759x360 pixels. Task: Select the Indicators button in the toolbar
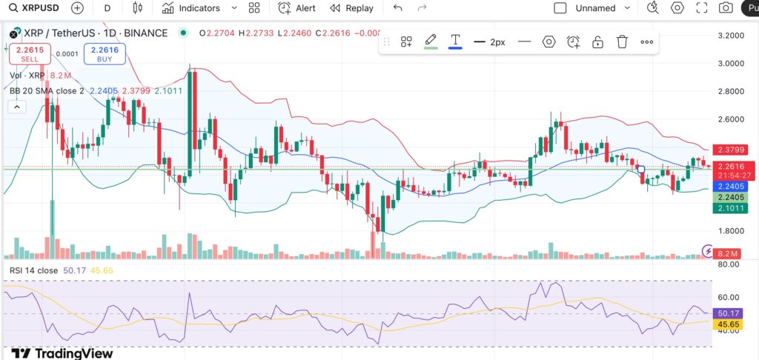[191, 8]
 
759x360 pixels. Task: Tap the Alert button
[296, 8]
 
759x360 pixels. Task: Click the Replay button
[351, 8]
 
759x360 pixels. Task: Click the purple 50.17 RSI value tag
[728, 314]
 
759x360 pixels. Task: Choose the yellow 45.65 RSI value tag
[728, 324]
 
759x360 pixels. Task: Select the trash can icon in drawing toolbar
[623, 42]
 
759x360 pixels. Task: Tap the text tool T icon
[455, 40]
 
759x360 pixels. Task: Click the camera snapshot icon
[726, 8]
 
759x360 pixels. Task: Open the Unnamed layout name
[595, 8]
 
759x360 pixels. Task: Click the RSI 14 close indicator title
[33, 270]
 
